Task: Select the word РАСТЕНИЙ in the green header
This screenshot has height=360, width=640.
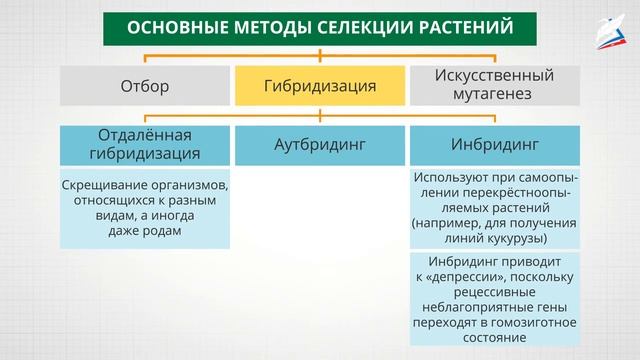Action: [x=463, y=28]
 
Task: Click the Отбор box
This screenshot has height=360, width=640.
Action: [x=144, y=86]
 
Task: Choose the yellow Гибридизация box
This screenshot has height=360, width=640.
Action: [x=320, y=86]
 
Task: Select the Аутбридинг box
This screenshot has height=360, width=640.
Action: [x=320, y=145]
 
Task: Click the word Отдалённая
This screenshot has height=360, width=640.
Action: [x=144, y=134]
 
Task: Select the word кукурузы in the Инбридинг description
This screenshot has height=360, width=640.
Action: [x=516, y=239]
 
